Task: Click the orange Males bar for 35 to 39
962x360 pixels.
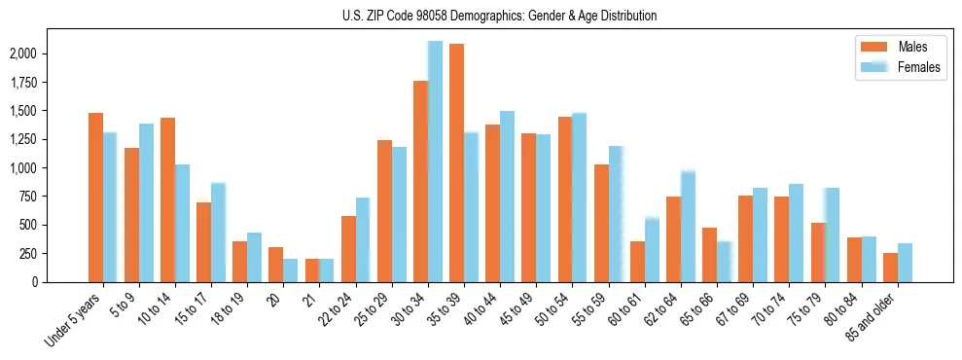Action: (456, 162)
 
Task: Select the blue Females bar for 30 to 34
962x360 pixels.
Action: (435, 162)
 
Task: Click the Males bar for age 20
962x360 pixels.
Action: (276, 265)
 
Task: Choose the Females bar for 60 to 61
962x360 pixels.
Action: (652, 250)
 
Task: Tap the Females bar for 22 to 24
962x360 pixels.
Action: (363, 239)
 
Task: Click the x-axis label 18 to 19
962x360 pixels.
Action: (227, 312)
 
